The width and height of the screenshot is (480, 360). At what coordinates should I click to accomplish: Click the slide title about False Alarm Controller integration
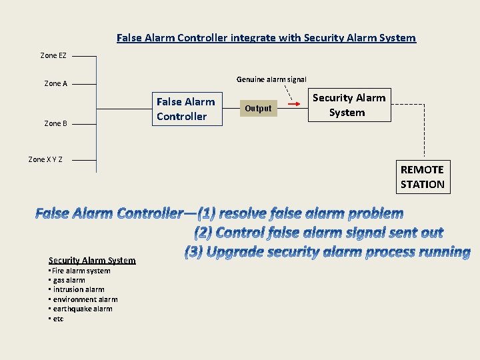click(266, 38)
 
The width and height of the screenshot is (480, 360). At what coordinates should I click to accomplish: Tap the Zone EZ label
click(53, 55)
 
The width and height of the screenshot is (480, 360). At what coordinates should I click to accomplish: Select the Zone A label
click(56, 84)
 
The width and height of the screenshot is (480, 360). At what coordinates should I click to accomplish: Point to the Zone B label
click(56, 123)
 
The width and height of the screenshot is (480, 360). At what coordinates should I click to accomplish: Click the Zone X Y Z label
click(45, 159)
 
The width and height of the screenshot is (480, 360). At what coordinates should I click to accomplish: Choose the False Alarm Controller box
click(186, 109)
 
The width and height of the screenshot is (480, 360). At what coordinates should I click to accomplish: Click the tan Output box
click(258, 109)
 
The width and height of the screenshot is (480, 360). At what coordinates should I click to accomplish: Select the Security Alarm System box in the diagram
click(349, 105)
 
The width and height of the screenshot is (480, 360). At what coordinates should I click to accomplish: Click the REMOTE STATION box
click(422, 177)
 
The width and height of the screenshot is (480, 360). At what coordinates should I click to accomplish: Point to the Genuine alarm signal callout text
click(271, 79)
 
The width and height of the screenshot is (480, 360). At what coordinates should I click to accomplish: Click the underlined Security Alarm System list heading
click(92, 260)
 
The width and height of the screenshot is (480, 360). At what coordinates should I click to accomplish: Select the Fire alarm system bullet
click(79, 271)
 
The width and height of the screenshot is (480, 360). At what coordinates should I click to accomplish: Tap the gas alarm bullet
click(67, 281)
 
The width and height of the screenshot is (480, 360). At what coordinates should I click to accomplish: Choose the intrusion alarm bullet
click(77, 290)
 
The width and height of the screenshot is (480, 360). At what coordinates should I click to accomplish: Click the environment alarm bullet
click(83, 300)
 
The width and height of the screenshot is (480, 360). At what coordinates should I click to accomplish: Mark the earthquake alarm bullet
click(80, 309)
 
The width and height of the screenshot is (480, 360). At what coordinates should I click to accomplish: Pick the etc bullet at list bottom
click(56, 319)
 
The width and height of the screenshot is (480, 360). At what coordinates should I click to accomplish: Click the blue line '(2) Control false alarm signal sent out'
click(319, 233)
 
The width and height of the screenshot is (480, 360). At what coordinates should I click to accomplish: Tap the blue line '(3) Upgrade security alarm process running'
click(327, 252)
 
